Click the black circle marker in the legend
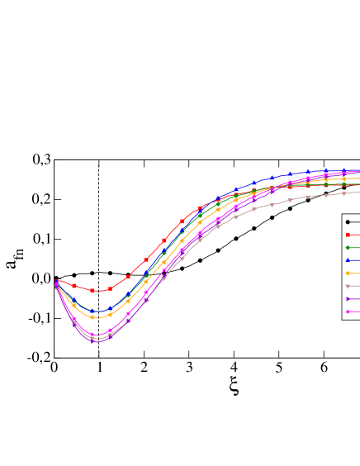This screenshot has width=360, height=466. click(348, 221)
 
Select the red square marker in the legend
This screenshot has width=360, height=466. click(348, 235)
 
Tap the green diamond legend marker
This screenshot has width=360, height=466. click(348, 247)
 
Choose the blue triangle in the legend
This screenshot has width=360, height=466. click(348, 260)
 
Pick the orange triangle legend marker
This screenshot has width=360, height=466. click(348, 273)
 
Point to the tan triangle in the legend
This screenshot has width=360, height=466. click(348, 286)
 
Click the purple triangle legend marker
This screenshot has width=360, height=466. click(348, 298)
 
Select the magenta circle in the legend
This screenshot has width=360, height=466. click(348, 311)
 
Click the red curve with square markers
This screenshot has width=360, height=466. click(128, 277)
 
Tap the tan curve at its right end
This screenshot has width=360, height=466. click(358, 192)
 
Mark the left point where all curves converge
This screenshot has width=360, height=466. click(55, 283)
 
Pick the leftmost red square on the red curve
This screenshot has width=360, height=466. click(56, 282)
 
